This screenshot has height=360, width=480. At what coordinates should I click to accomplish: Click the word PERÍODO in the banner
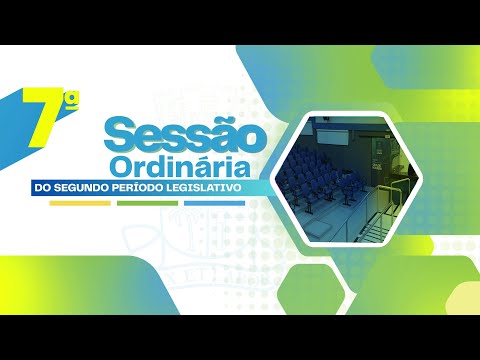pos(158,188)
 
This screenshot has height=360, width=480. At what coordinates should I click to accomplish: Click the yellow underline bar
pos(80,203)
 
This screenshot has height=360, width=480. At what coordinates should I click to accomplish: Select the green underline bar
pos(147,203)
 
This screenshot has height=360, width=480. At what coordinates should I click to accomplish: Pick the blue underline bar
pos(214,203)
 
